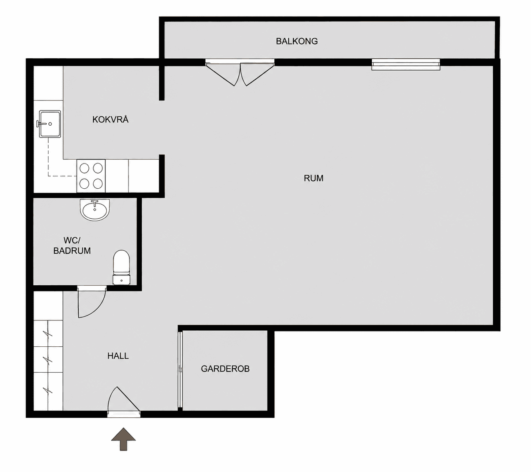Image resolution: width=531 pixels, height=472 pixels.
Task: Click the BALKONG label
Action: [297, 41]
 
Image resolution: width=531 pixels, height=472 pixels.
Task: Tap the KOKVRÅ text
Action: [110, 119]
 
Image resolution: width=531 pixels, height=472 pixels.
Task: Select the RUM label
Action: [313, 178]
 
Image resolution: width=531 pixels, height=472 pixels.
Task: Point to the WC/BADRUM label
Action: [72, 245]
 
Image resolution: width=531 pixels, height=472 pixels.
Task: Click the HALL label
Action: [118, 356]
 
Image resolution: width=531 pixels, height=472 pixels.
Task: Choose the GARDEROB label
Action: [225, 369]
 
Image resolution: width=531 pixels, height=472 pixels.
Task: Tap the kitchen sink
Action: [50, 124]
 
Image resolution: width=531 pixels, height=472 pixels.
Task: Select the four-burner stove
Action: [91, 176]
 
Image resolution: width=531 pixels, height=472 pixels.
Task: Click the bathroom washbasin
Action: [95, 209]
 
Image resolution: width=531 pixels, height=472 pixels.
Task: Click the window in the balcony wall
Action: [406, 64]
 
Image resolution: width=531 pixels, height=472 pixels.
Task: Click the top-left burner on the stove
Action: [84, 168]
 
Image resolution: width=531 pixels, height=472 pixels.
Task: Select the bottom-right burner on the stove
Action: [98, 184]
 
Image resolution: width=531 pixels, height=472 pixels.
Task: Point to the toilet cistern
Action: [121, 280]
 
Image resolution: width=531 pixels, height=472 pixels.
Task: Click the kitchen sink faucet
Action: [42, 124]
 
